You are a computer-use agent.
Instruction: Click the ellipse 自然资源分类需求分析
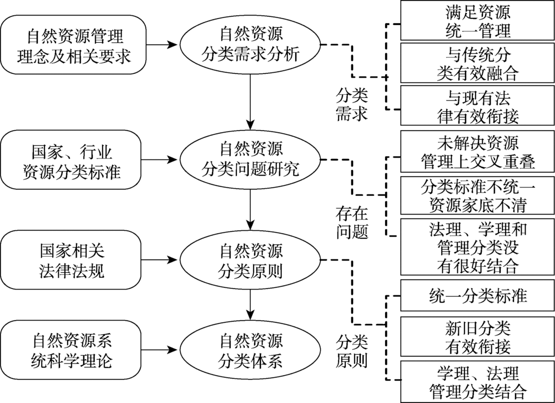point(251,45)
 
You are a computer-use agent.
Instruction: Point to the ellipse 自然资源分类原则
point(251,259)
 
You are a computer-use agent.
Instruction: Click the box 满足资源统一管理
point(477,21)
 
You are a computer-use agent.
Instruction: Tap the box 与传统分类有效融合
point(477,63)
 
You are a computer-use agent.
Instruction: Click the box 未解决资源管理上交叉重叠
point(477,152)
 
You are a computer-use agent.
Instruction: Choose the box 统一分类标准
point(477,295)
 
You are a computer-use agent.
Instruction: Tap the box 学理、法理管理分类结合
point(477,381)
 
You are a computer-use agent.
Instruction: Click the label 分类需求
point(351,104)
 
